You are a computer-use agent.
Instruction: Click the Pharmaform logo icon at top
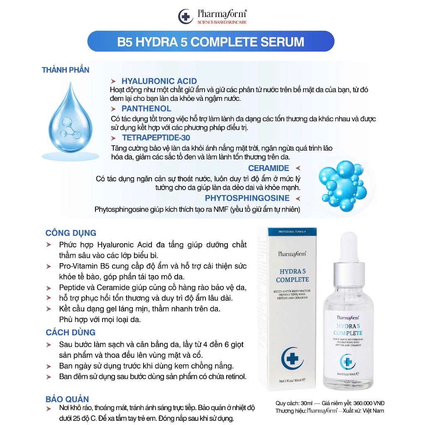coord(185,17)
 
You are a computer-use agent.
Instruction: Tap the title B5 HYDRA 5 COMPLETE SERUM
coord(211,42)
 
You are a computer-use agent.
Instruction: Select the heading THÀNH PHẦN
coord(66,70)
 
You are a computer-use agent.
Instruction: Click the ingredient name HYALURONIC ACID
coord(159,81)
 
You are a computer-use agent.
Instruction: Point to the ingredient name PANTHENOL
coord(146,109)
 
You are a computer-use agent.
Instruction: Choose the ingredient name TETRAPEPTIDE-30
coord(156,138)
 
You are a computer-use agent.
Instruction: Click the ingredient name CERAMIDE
coord(269,168)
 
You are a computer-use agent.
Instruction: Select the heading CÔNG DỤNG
coord(71,233)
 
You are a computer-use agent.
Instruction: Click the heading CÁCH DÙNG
coord(71,332)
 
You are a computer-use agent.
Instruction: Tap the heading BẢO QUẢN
coord(67,400)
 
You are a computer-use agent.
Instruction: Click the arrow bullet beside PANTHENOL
coord(113,109)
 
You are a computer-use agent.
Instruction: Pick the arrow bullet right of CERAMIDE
coord(297,168)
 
